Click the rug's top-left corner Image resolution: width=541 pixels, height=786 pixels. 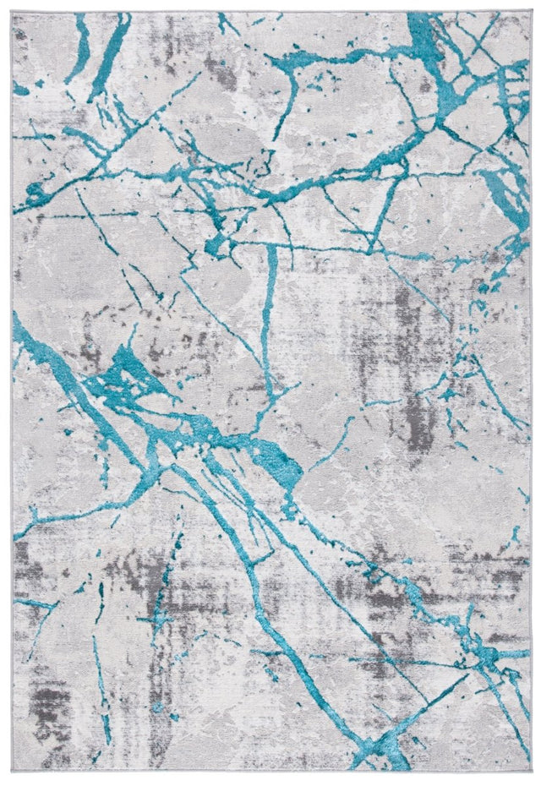[13, 13]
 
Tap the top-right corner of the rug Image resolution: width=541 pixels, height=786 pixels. [530, 13]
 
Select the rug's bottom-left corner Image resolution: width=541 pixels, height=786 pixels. [13, 773]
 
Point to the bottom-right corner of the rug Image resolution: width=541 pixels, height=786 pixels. [530, 773]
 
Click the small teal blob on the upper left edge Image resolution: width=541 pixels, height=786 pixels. [20, 88]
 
